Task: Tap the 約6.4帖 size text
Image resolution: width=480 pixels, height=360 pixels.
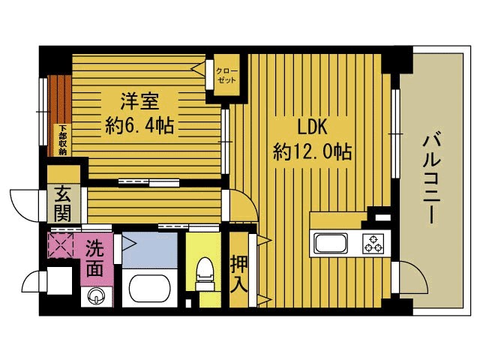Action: click(139, 125)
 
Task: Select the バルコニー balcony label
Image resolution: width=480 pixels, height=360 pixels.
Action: click(431, 178)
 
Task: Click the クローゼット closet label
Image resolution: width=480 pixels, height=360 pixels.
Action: click(226, 76)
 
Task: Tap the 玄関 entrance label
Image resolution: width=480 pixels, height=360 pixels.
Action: click(62, 203)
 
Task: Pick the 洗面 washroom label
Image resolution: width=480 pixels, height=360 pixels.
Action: click(94, 257)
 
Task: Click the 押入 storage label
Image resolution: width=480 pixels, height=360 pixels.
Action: click(238, 274)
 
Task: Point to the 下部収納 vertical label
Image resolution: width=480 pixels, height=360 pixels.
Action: click(62, 139)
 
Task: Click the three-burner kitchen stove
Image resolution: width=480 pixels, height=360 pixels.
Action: click(373, 244)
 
